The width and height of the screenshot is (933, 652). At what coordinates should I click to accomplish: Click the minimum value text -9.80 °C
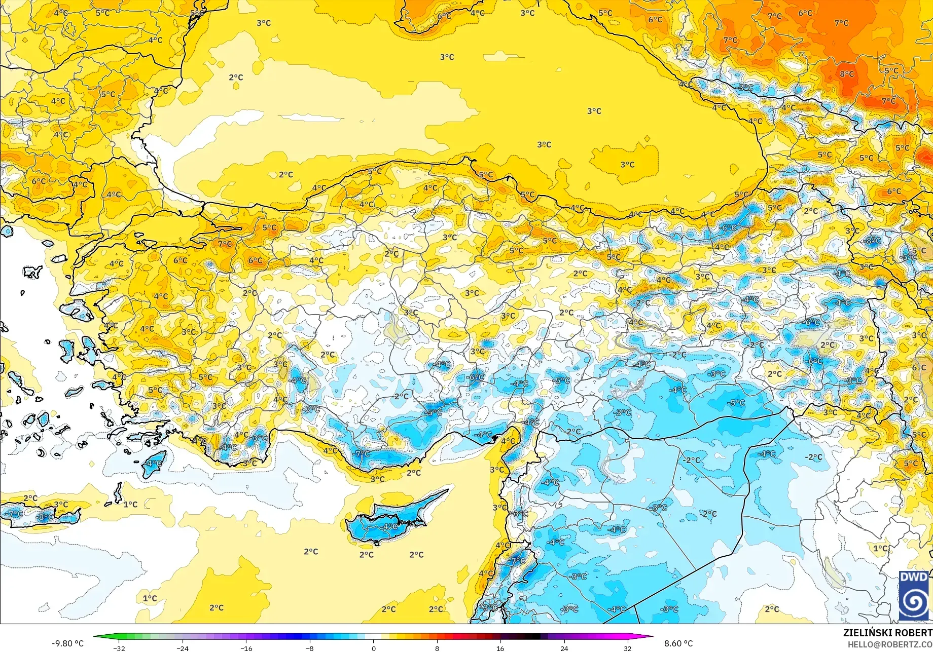click(67, 643)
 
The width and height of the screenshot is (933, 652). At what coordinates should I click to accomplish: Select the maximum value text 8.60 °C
click(678, 643)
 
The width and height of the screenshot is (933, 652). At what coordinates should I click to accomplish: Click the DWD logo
click(914, 596)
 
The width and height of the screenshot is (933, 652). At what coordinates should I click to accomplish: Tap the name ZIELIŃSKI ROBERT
click(887, 633)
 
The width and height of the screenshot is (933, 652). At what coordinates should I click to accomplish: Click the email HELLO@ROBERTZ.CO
click(890, 644)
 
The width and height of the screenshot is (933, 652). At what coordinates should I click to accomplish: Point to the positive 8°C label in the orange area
click(846, 74)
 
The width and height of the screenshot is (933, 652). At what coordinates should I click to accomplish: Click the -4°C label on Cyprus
click(389, 527)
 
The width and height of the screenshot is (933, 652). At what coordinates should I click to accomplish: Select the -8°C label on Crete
click(45, 517)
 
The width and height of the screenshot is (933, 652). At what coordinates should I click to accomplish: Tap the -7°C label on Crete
click(14, 513)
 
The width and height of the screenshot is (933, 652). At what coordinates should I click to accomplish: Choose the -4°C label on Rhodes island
click(154, 464)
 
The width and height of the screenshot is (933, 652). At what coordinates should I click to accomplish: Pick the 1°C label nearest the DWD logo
click(881, 548)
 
